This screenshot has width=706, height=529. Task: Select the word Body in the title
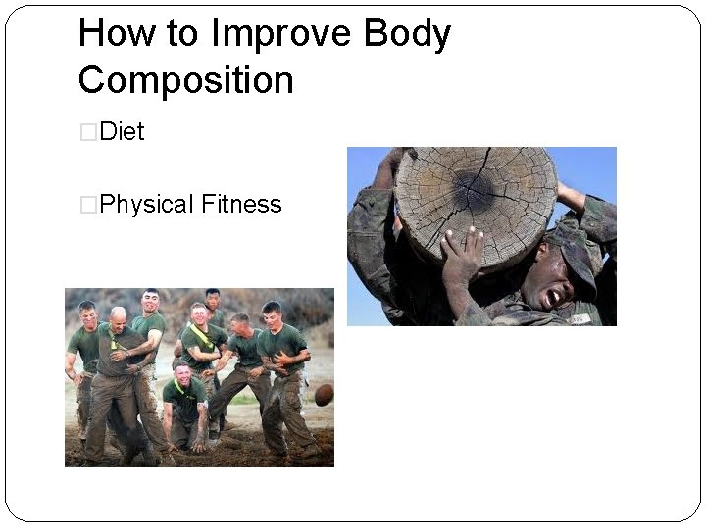(407, 34)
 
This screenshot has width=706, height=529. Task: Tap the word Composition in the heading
(185, 79)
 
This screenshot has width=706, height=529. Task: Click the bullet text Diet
(122, 132)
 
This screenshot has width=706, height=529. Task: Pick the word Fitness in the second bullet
(241, 205)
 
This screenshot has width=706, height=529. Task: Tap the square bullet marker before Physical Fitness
(88, 206)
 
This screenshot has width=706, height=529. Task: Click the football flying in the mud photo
(324, 394)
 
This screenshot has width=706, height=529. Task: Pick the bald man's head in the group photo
(117, 317)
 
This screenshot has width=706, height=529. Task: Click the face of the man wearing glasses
(199, 314)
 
